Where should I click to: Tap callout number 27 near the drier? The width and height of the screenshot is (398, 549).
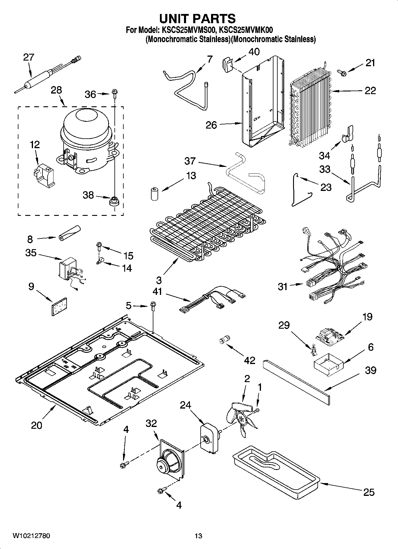29,57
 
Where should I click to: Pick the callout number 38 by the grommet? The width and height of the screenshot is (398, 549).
88,195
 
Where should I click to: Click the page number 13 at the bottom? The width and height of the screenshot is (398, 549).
198,536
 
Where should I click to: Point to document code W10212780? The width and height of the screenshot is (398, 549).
31,536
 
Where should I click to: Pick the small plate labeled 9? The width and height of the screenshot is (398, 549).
59,306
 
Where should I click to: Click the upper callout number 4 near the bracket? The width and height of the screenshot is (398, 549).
126,429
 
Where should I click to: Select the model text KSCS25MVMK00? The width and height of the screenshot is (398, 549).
246,30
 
